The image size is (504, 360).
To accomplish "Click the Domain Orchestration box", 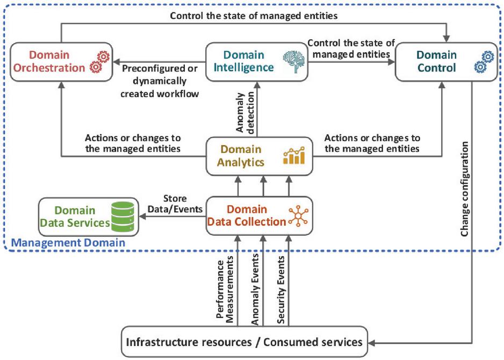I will click(60, 61).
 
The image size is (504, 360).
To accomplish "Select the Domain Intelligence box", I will click(255, 61).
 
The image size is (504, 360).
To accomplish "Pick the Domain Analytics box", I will click(259, 155).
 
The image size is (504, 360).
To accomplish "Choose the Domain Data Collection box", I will click(259, 215).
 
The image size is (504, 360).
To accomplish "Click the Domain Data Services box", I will click(88, 217).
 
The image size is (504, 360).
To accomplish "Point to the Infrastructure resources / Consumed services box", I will click(244, 342).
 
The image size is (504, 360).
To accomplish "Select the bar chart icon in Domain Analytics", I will click(294, 156).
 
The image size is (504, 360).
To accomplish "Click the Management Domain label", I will click(68, 243).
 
